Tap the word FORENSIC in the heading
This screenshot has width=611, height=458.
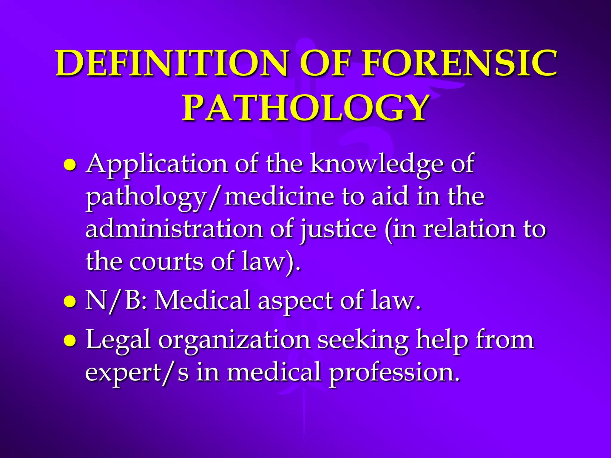click(459, 63)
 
